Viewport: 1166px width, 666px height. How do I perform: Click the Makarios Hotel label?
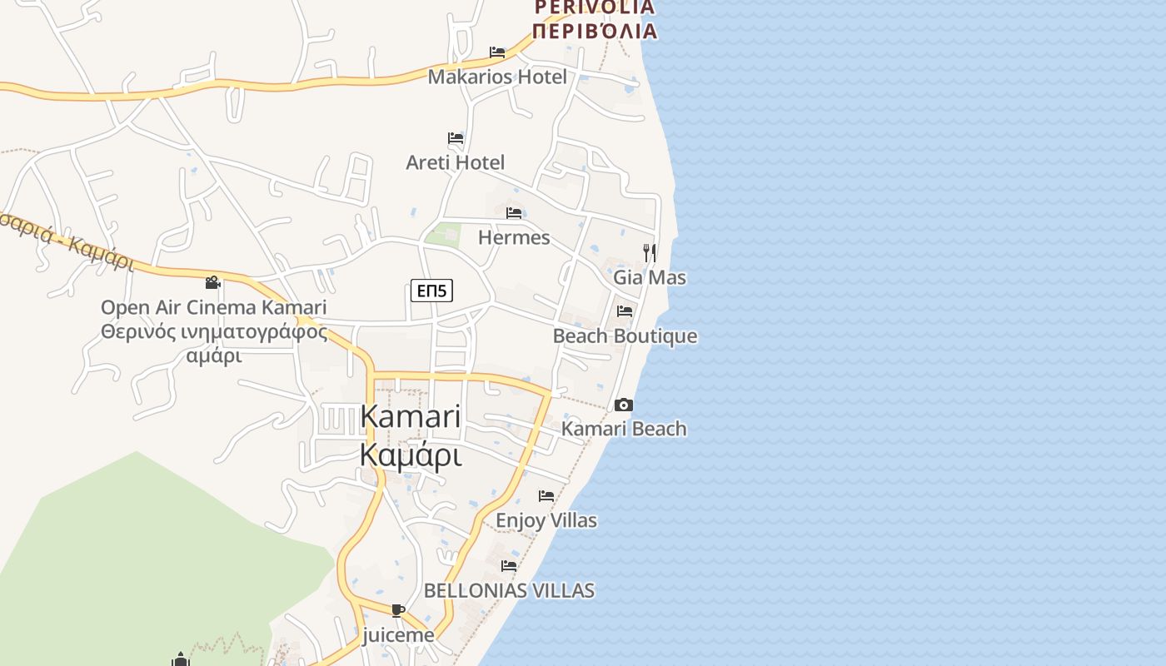497,77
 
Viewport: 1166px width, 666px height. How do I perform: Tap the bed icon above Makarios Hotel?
497,52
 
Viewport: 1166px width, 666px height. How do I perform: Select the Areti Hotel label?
455,162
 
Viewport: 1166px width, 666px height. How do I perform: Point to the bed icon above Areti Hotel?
456,137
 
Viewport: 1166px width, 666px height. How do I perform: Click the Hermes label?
514,237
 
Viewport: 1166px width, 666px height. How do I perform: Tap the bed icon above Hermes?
514,213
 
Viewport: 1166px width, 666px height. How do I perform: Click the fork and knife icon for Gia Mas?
650,252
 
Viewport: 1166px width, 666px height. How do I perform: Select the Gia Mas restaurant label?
650,277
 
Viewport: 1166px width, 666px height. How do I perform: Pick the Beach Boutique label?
625,336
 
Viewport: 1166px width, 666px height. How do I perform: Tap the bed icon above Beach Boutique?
625,311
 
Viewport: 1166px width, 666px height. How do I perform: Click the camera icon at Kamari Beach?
623,405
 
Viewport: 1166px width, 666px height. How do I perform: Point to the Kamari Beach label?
624,429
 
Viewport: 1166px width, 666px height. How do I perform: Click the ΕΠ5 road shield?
432,291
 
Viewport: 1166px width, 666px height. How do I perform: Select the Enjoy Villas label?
546,520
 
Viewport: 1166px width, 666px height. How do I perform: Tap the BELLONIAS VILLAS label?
509,590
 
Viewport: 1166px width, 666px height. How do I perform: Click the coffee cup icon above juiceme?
398,611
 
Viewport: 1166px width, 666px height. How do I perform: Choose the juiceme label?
398,635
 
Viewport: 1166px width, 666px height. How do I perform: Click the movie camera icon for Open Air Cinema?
213,283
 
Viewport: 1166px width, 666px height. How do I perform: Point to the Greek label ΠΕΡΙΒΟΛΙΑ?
594,32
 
